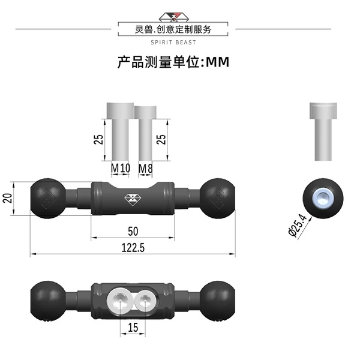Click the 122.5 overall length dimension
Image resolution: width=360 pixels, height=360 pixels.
pyautogui.click(x=133, y=248)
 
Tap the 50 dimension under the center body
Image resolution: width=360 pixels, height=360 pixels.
pyautogui.click(x=133, y=231)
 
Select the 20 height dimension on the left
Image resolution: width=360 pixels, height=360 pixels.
pyautogui.click(x=7, y=198)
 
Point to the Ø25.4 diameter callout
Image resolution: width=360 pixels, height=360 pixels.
pyautogui.click(x=298, y=225)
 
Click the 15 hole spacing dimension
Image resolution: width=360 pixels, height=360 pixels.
pyautogui.click(x=133, y=328)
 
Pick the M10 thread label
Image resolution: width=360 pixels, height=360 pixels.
pyautogui.click(x=121, y=168)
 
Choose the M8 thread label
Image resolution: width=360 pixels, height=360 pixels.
pyautogui.click(x=145, y=169)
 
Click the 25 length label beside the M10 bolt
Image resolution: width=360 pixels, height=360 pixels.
pyautogui.click(x=99, y=139)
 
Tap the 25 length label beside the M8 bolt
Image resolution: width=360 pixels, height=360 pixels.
pyautogui.click(x=161, y=139)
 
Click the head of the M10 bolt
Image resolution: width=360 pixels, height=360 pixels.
pyautogui.click(x=120, y=110)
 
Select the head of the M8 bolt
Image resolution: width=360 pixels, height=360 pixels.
pyautogui.click(x=145, y=113)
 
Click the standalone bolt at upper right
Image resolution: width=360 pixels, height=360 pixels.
pyautogui.click(x=323, y=131)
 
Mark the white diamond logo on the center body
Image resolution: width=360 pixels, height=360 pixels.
pyautogui.click(x=133, y=200)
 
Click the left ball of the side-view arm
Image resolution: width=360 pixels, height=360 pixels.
pyautogui.click(x=48, y=199)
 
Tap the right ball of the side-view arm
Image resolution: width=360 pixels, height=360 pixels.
pyautogui.click(x=217, y=199)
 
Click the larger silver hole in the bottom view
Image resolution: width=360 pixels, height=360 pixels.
pyautogui.click(x=120, y=301)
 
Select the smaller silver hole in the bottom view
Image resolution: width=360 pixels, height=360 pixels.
pyautogui.click(x=145, y=301)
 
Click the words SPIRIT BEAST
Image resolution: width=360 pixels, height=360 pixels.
pyautogui.click(x=173, y=43)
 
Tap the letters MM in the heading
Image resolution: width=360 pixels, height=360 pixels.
pyautogui.click(x=217, y=62)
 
